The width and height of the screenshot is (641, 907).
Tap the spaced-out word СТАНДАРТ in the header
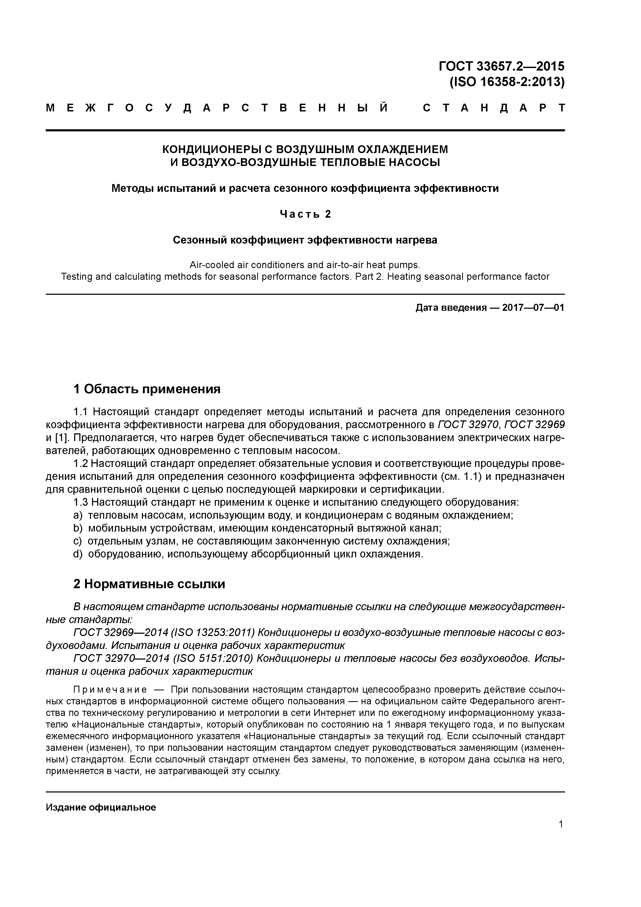click(493, 108)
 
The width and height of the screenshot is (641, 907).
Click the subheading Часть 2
click(305, 214)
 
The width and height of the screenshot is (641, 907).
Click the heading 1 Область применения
click(147, 389)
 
